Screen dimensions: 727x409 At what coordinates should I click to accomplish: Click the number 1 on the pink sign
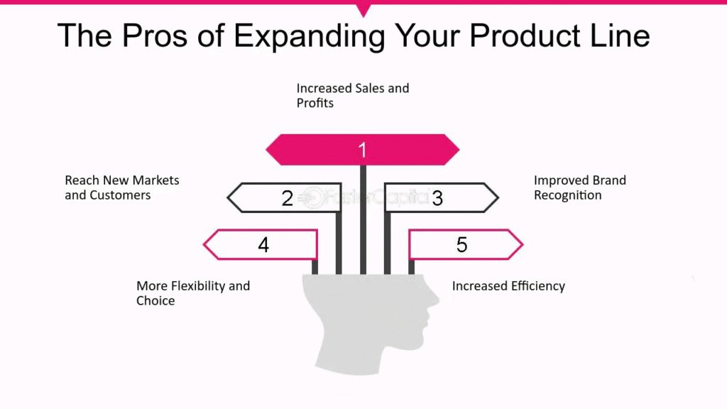[x=363, y=150]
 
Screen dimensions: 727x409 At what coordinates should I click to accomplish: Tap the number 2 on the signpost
[x=288, y=199]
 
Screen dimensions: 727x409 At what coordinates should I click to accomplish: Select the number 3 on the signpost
[x=437, y=199]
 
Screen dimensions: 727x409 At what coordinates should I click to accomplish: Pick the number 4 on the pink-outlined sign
[x=263, y=244]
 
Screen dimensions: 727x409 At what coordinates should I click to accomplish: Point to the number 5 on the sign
[x=461, y=244]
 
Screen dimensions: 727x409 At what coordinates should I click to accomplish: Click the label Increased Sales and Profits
[x=353, y=96]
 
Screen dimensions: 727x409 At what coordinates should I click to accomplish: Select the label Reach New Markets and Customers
[x=122, y=187]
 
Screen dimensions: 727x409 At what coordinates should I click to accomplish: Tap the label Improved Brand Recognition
[x=580, y=187]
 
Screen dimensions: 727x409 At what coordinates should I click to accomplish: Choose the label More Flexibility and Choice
[x=193, y=293]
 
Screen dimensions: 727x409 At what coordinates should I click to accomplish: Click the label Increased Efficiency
[x=508, y=285]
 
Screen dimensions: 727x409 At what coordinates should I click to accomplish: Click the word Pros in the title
[x=155, y=36]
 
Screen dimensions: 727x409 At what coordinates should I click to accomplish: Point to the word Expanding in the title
[x=310, y=37]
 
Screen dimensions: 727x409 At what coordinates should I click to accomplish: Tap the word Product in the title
[x=525, y=36]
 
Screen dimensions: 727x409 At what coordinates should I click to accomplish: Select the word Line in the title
[x=620, y=36]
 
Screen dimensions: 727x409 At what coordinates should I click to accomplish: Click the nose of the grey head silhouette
[x=435, y=300]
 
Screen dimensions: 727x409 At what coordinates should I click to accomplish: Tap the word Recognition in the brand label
[x=567, y=195]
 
